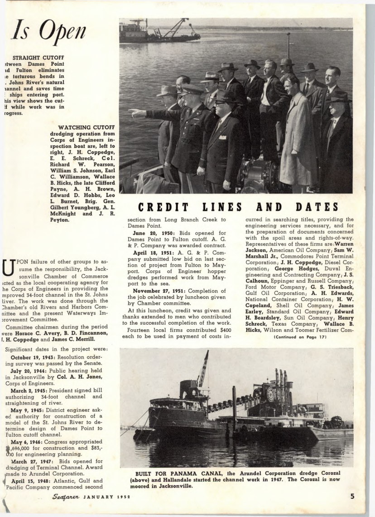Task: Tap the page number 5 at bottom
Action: coord(352,496)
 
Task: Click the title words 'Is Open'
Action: coord(48,31)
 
